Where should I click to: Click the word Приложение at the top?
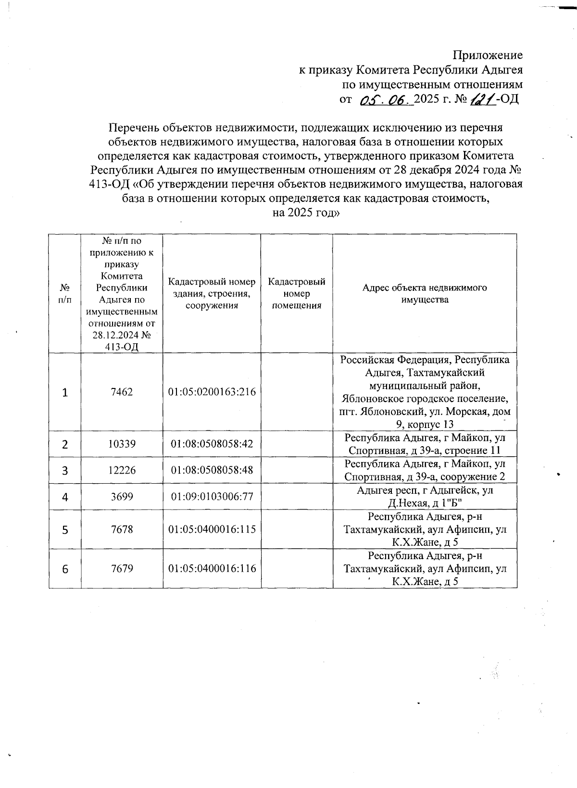coord(489,55)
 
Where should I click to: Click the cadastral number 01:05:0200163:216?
coord(212,392)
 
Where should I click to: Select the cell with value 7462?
coord(122,392)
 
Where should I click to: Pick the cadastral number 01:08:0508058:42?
coord(212,444)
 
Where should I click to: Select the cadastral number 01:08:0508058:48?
coord(212,470)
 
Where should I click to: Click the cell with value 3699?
coord(122,496)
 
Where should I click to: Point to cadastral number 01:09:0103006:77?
coord(212,496)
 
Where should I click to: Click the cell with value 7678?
coord(122,529)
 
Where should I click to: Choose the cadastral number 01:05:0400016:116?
coord(212,569)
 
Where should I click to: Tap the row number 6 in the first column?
coord(64,569)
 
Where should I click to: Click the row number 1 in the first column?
coord(64,392)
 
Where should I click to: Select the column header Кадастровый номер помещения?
coord(296,293)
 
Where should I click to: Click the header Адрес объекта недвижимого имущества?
coord(425,293)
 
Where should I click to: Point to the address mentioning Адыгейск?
coord(425,497)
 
